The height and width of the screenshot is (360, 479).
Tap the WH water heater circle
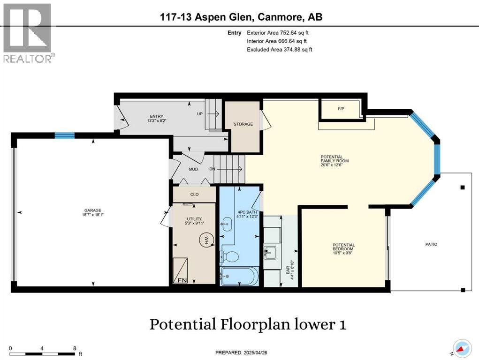coord(205,240)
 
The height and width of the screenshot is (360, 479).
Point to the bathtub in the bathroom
coord(239,276)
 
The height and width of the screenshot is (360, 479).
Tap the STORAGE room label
coord(243,124)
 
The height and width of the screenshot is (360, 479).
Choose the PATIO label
coord(431,244)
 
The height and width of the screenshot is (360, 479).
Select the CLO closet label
coord(194,194)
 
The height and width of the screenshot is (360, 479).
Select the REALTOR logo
coord(28,33)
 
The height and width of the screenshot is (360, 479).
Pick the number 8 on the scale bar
coord(75,349)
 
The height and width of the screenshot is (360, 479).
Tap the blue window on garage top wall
coord(65,135)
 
